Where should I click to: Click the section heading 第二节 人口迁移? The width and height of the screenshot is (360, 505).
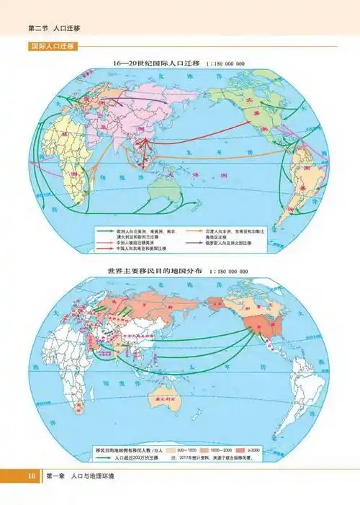[x=54, y=27]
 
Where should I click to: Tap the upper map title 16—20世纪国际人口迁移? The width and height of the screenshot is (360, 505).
[x=155, y=63]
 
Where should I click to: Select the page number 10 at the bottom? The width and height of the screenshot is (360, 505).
[x=31, y=476]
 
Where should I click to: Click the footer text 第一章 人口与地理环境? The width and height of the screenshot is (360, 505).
[x=80, y=476]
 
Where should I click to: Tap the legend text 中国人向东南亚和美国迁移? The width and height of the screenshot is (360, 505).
[x=140, y=249]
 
